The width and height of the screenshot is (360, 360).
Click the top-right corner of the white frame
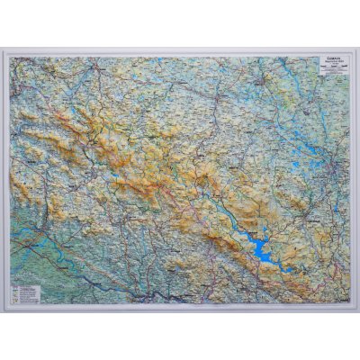tap(353, 51)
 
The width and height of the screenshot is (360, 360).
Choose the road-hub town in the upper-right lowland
tap(261, 85)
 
